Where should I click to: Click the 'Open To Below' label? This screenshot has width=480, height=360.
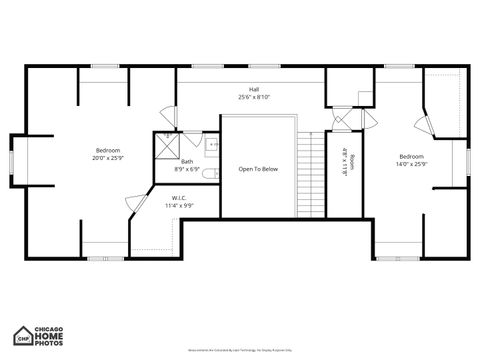coord(258,169)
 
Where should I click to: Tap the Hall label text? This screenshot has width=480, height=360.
coord(255,89)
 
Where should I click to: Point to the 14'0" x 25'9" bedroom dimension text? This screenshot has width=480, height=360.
coord(412,165)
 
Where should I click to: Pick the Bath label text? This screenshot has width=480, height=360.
coord(187,161)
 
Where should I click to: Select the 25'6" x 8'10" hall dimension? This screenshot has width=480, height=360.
coord(255,97)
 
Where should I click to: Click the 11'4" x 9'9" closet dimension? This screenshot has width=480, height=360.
coord(179,205)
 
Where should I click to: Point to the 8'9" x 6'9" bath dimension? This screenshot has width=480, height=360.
coord(187,169)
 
